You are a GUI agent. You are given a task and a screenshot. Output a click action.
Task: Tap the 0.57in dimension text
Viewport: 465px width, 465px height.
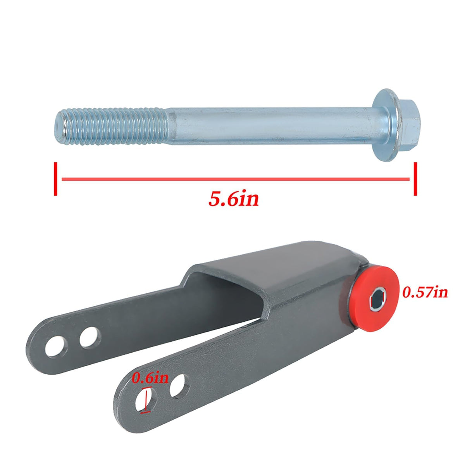click(425, 292)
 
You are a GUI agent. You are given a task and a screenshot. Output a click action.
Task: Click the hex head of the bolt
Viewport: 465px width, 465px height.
click(408, 125)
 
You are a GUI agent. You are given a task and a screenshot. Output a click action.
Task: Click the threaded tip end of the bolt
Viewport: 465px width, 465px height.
click(60, 126)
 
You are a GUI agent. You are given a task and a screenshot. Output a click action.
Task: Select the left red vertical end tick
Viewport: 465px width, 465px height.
click(56, 179)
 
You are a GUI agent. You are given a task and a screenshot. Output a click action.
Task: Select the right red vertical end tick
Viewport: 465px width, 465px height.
click(415, 179)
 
